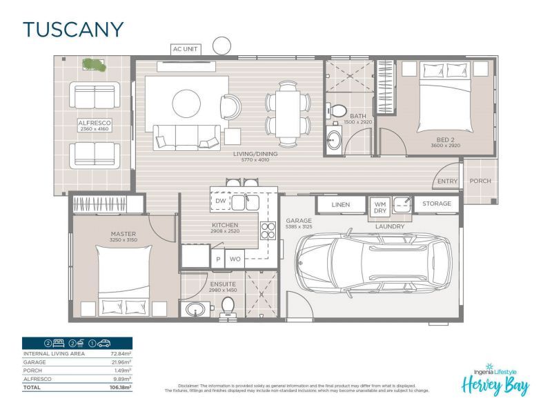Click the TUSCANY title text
click(73, 30)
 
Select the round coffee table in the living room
click(187, 104)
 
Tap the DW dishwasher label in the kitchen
click(221, 201)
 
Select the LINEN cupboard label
click(340, 204)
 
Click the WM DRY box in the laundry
click(380, 208)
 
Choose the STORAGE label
click(437, 204)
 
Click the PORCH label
click(480, 181)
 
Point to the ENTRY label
click(447, 181)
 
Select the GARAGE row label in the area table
click(35, 362)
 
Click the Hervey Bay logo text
click(495, 383)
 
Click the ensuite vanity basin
click(193, 308)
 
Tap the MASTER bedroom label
click(124, 234)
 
